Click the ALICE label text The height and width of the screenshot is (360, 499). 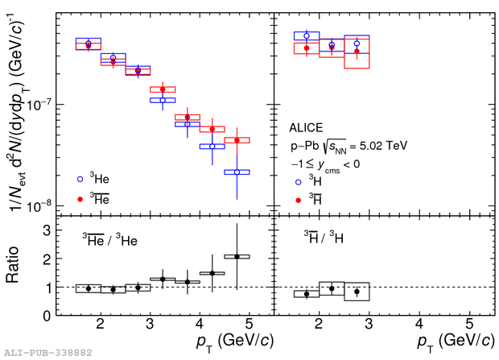click(x=308, y=128)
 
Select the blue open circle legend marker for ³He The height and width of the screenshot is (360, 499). click(x=80, y=179)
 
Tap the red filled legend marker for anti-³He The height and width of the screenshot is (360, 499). click(x=80, y=197)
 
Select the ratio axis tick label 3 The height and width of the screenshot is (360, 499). click(x=57, y=230)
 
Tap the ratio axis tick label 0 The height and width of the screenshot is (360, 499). click(x=57, y=316)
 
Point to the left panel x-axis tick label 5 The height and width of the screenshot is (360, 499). click(x=250, y=326)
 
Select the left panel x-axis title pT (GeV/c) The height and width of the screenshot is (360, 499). click(x=219, y=342)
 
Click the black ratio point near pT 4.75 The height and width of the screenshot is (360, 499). click(x=237, y=256)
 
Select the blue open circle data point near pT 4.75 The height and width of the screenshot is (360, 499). click(x=237, y=172)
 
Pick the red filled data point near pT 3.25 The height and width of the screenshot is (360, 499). click(x=163, y=89)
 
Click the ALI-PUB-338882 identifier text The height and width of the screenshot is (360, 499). click(x=47, y=353)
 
